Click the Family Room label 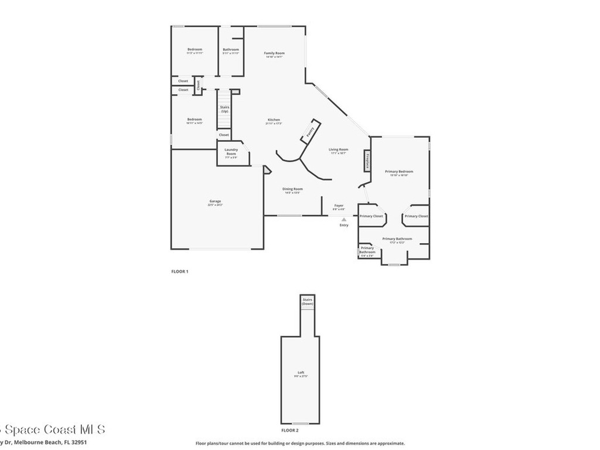[x=274, y=53]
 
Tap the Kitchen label [x=274, y=120]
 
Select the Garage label [x=215, y=202]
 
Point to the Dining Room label [x=293, y=189]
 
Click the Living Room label [x=338, y=149]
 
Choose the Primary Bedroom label [x=399, y=171]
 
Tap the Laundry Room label [x=231, y=152]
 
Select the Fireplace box [x=367, y=161]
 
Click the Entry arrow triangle [x=344, y=220]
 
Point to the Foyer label [x=339, y=205]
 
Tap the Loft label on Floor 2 [x=301, y=373]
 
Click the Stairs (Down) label [x=308, y=302]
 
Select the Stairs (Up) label [x=224, y=109]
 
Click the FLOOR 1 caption [x=179, y=271]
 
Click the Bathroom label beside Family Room [x=231, y=49]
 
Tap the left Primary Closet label [x=371, y=216]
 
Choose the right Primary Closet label [x=416, y=216]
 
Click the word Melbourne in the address [x=34, y=443]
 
